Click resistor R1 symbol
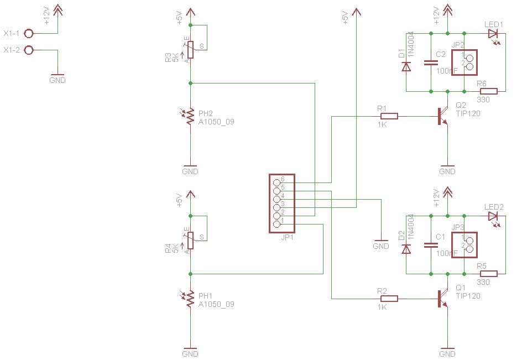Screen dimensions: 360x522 [389, 116]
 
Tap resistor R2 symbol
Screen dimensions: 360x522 [389, 299]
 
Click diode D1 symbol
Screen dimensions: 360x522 [406, 66]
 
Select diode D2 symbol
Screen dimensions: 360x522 [406, 249]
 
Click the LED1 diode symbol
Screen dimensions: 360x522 [493, 34]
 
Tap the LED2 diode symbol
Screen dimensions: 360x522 [493, 216]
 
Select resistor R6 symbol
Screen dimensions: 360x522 [489, 91]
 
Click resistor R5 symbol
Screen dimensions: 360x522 [489, 273]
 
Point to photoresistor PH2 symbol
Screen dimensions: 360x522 [190, 117]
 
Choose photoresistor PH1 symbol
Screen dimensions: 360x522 [190, 300]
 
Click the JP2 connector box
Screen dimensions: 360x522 [464, 62]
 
